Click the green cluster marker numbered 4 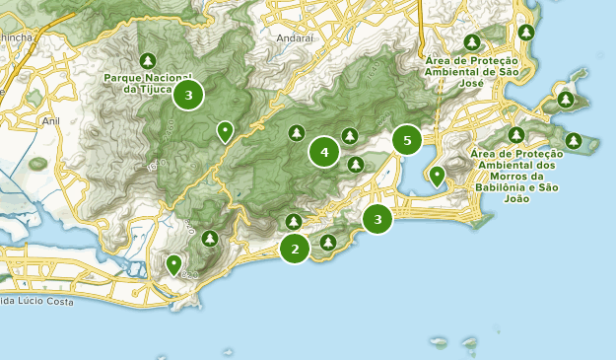point(323,152)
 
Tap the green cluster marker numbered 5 point(407,141)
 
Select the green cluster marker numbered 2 point(294,249)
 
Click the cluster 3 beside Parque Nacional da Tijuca point(188,95)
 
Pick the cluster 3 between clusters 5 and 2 point(377,218)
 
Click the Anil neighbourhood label point(51,120)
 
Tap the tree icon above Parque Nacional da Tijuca point(147,58)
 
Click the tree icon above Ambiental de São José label point(472,42)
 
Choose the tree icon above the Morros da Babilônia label point(515,134)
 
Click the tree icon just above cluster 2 point(293,221)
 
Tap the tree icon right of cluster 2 point(328,242)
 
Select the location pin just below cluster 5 point(437,177)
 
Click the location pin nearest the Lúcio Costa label point(173,263)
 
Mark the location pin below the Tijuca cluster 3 point(226,131)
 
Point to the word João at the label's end point(515,198)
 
